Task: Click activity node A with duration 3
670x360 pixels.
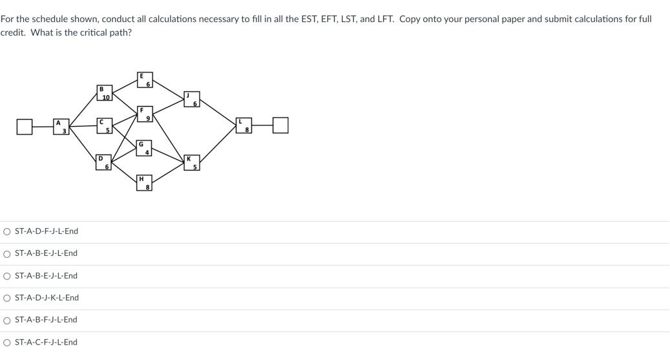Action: (x=61, y=126)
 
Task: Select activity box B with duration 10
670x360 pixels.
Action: (x=104, y=92)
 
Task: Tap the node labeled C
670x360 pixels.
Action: (x=104, y=125)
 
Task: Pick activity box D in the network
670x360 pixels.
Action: (x=103, y=162)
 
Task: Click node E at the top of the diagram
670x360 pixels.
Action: (x=144, y=79)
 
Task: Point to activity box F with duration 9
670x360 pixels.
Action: (x=144, y=114)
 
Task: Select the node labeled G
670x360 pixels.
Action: (x=143, y=147)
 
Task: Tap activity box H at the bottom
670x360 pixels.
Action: (x=144, y=182)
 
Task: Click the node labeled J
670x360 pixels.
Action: (x=191, y=99)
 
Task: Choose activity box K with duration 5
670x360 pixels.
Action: (x=191, y=162)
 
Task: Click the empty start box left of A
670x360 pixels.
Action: (x=25, y=126)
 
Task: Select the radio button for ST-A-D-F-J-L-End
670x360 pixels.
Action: (x=6, y=231)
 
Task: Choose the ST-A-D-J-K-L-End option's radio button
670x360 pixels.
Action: (x=6, y=298)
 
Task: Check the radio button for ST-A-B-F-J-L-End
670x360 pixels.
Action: (x=6, y=320)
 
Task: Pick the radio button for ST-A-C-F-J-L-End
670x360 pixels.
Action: (x=6, y=343)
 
